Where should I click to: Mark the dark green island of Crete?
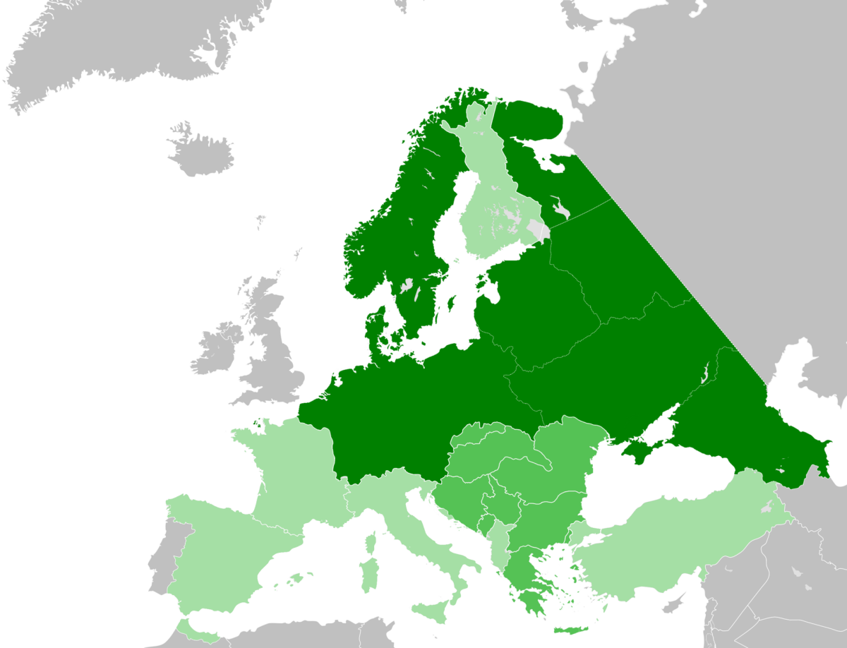pyautogui.click(x=572, y=630)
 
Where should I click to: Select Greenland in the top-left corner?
pyautogui.click(x=106, y=42)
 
